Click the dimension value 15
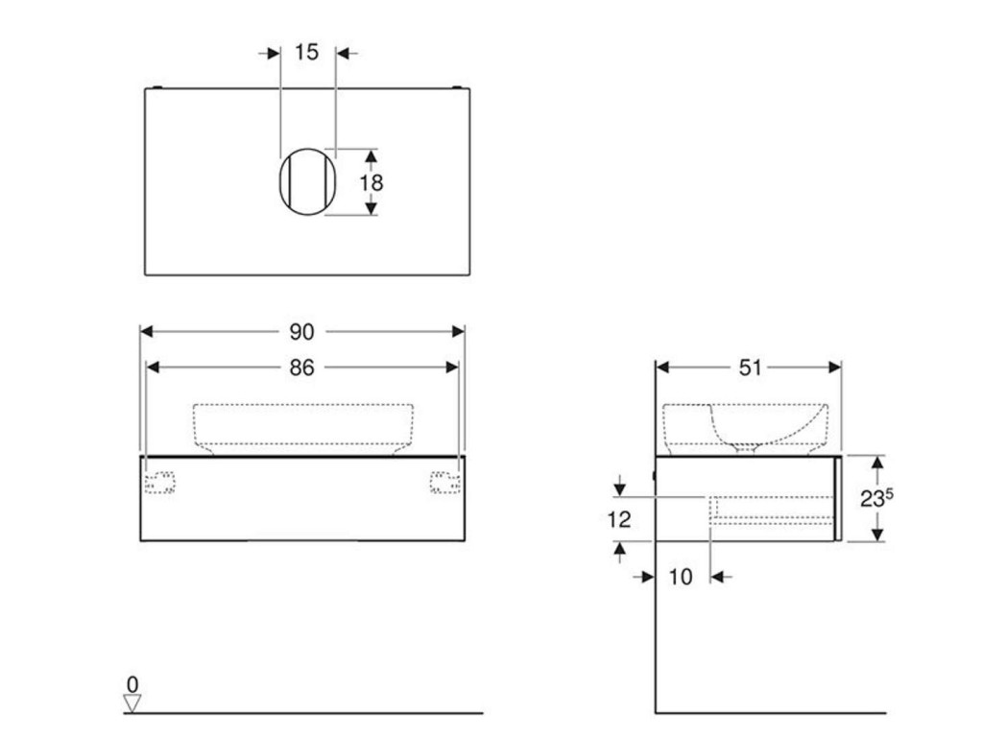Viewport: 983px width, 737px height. click(306, 52)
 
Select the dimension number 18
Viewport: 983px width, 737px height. click(372, 183)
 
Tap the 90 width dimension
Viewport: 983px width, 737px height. click(301, 331)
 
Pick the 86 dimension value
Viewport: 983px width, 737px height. click(301, 368)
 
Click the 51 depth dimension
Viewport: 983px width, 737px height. click(750, 368)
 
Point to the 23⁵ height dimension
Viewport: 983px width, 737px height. click(876, 498)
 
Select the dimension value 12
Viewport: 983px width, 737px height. click(619, 519)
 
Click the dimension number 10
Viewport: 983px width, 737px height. click(681, 577)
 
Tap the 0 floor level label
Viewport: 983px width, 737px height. click(132, 683)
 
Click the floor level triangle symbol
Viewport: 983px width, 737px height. click(132, 703)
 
